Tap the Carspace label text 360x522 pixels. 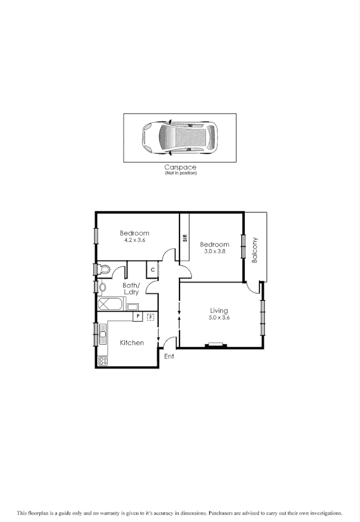tap(181, 167)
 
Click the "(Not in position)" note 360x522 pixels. tap(181, 173)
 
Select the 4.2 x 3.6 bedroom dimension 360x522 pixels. tap(135, 240)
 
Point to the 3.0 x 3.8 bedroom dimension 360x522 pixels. tap(214, 251)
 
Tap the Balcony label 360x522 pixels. tap(255, 250)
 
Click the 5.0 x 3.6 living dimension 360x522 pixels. tap(219, 318)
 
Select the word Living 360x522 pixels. tap(219, 310)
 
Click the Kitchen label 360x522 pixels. tap(132, 343)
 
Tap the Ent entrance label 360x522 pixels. tap(169, 356)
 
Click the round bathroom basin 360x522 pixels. tap(102, 288)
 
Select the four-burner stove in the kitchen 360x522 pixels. tap(103, 361)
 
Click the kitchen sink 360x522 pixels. tap(102, 335)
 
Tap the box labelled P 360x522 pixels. tap(137, 317)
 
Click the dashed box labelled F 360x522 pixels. tap(150, 317)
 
